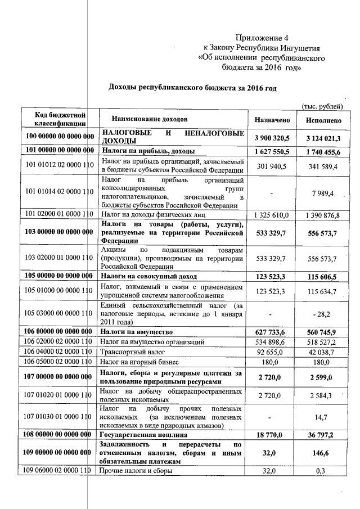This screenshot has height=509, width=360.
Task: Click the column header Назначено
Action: click(272, 120)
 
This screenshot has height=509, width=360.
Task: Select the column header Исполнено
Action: click(323, 120)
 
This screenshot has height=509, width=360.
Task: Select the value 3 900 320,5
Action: click(272, 138)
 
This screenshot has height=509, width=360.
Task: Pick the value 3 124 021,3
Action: click(323, 138)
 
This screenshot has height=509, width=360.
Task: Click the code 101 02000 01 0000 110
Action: click(59, 215)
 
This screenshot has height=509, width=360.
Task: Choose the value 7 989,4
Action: click(325, 193)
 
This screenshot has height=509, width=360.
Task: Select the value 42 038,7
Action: click(324, 352)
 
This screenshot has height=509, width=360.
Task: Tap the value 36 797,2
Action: click(323, 435)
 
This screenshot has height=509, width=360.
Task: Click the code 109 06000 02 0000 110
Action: click(59, 471)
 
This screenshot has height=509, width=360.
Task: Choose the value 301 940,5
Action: click(272, 167)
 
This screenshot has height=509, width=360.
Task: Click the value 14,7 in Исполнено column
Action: click(325, 417)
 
